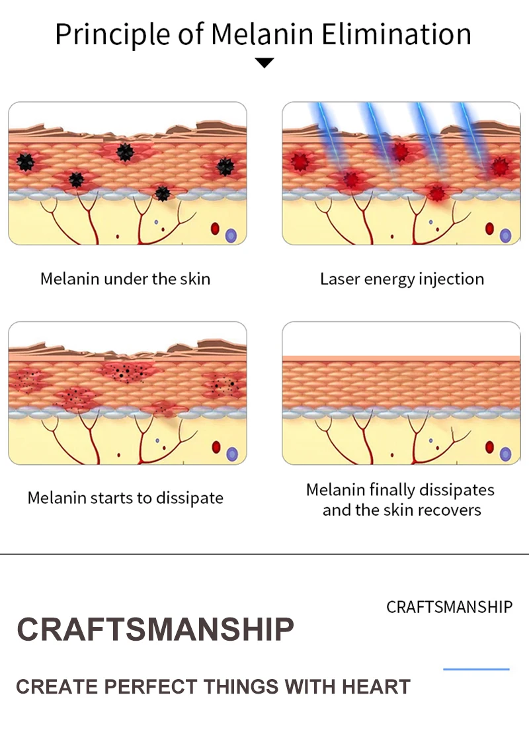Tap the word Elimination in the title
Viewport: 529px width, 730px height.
(x=397, y=34)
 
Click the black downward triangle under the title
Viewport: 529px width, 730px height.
(x=264, y=63)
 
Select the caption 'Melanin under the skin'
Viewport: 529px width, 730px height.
(x=126, y=279)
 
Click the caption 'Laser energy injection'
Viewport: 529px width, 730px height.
(x=402, y=279)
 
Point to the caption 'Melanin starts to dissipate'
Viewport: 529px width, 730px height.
(x=126, y=498)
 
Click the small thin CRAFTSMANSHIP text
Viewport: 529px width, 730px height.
(x=449, y=607)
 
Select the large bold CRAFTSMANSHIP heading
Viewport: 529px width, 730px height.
(x=155, y=629)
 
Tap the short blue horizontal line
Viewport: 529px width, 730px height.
(x=476, y=669)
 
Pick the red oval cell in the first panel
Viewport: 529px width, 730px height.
(x=215, y=229)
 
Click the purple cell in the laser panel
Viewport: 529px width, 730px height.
(x=506, y=235)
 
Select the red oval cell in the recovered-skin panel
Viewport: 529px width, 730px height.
(x=489, y=448)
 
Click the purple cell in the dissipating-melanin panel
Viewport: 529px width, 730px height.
(x=231, y=454)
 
